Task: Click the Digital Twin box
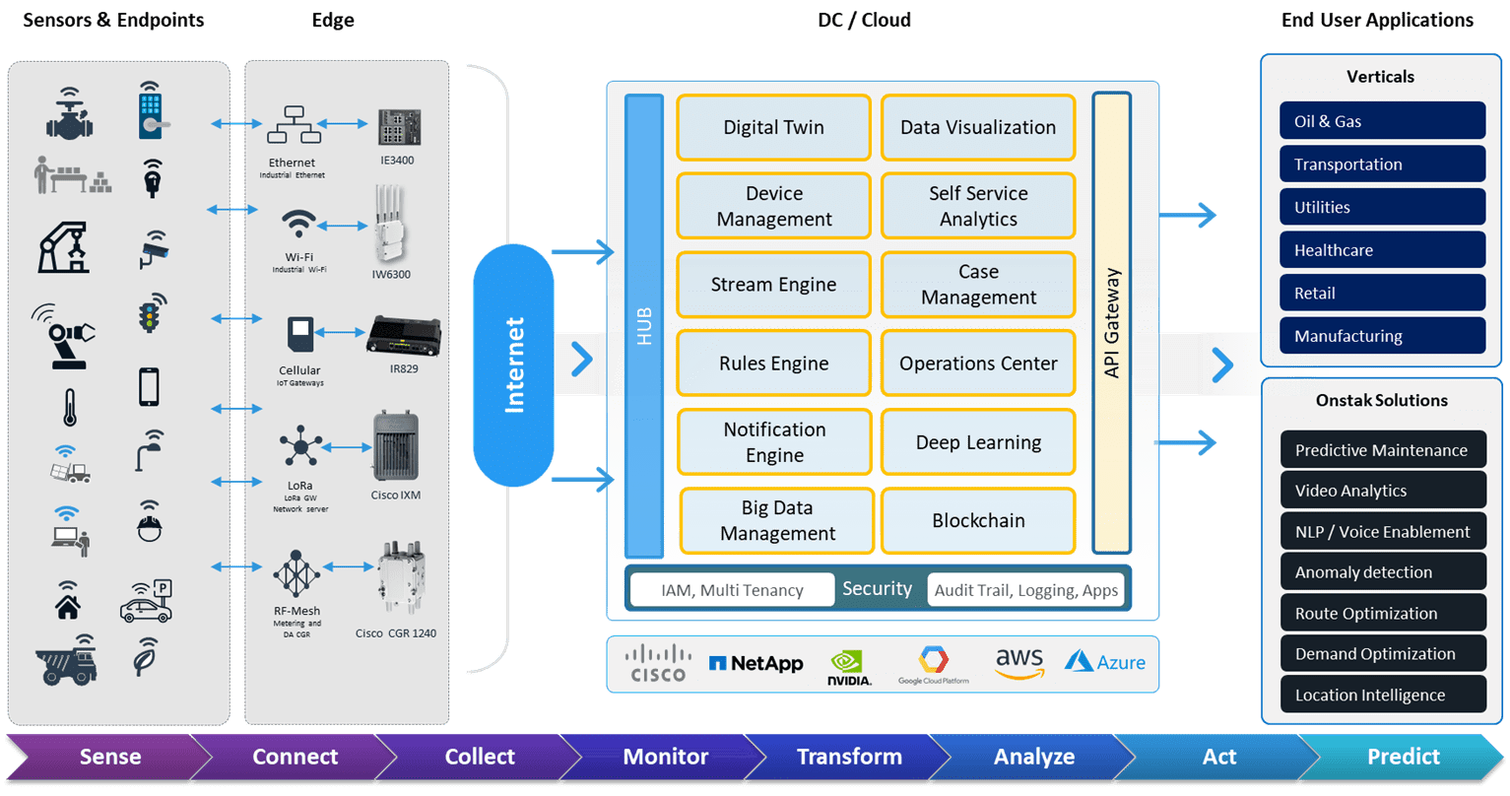(773, 127)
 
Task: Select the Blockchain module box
(978, 520)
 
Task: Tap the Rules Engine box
(773, 364)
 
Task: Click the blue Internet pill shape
(513, 365)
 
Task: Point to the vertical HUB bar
(644, 326)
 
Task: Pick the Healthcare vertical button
(1382, 250)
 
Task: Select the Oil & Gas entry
(1382, 121)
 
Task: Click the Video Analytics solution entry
(1383, 491)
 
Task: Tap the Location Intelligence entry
(1383, 695)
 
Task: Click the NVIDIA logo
(849, 667)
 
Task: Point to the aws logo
(1018, 663)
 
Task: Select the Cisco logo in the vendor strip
(658, 663)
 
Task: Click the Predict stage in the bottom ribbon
(1404, 757)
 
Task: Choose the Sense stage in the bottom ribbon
(110, 757)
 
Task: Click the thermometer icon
(69, 407)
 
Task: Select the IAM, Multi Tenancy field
(732, 590)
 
